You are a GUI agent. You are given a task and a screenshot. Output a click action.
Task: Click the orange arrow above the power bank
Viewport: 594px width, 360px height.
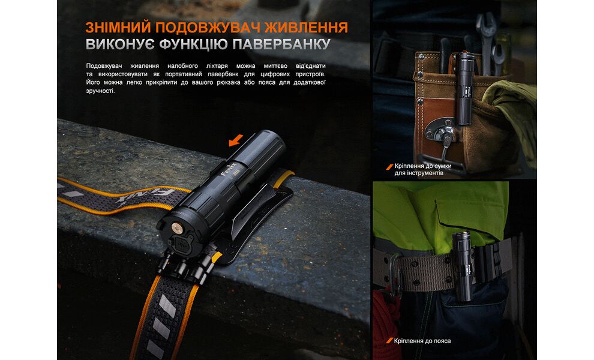(236, 140)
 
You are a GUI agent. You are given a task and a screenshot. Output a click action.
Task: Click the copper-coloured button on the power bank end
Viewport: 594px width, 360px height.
(176, 226)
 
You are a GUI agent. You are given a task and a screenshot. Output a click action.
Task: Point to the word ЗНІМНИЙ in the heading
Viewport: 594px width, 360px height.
(117, 28)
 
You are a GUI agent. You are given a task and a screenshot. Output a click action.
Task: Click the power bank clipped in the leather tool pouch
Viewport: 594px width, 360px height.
(464, 87)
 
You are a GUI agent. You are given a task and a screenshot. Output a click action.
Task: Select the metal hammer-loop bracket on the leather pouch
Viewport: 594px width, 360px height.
(443, 132)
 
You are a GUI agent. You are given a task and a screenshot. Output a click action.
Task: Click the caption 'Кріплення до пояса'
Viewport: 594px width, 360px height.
(423, 341)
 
